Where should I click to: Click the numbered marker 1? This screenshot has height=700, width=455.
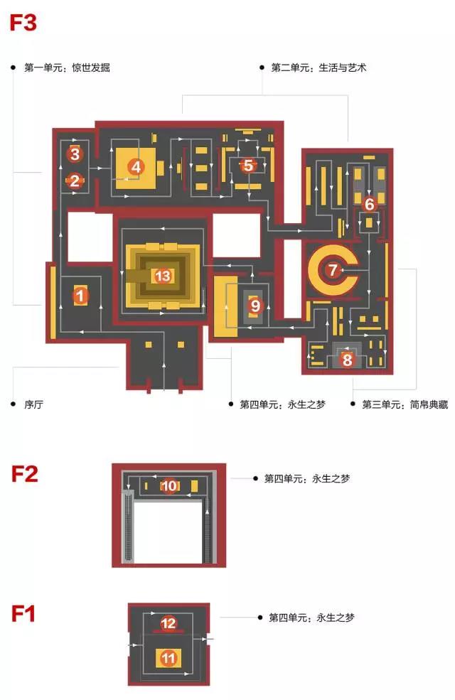[x=80, y=295]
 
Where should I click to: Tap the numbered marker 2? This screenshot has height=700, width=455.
[x=75, y=181]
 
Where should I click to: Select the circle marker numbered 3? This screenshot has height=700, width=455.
[x=75, y=154]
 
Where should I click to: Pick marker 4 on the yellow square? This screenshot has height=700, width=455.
[x=136, y=168]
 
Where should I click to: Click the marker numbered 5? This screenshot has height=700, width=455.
[x=247, y=166]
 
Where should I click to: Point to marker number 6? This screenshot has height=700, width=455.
[x=369, y=204]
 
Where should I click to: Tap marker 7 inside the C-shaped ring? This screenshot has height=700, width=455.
[x=332, y=270]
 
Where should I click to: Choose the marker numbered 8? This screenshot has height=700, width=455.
[x=347, y=360]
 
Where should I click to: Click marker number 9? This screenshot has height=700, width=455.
[x=255, y=306]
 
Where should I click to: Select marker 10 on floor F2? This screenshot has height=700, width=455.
[x=169, y=486]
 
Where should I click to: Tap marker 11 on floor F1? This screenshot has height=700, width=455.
[x=168, y=658]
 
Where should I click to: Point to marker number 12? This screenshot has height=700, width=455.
[x=168, y=623]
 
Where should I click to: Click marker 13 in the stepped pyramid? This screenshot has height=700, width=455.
[x=164, y=276]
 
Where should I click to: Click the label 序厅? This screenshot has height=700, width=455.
[x=33, y=404]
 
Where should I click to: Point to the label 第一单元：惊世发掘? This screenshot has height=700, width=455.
[x=67, y=68]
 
